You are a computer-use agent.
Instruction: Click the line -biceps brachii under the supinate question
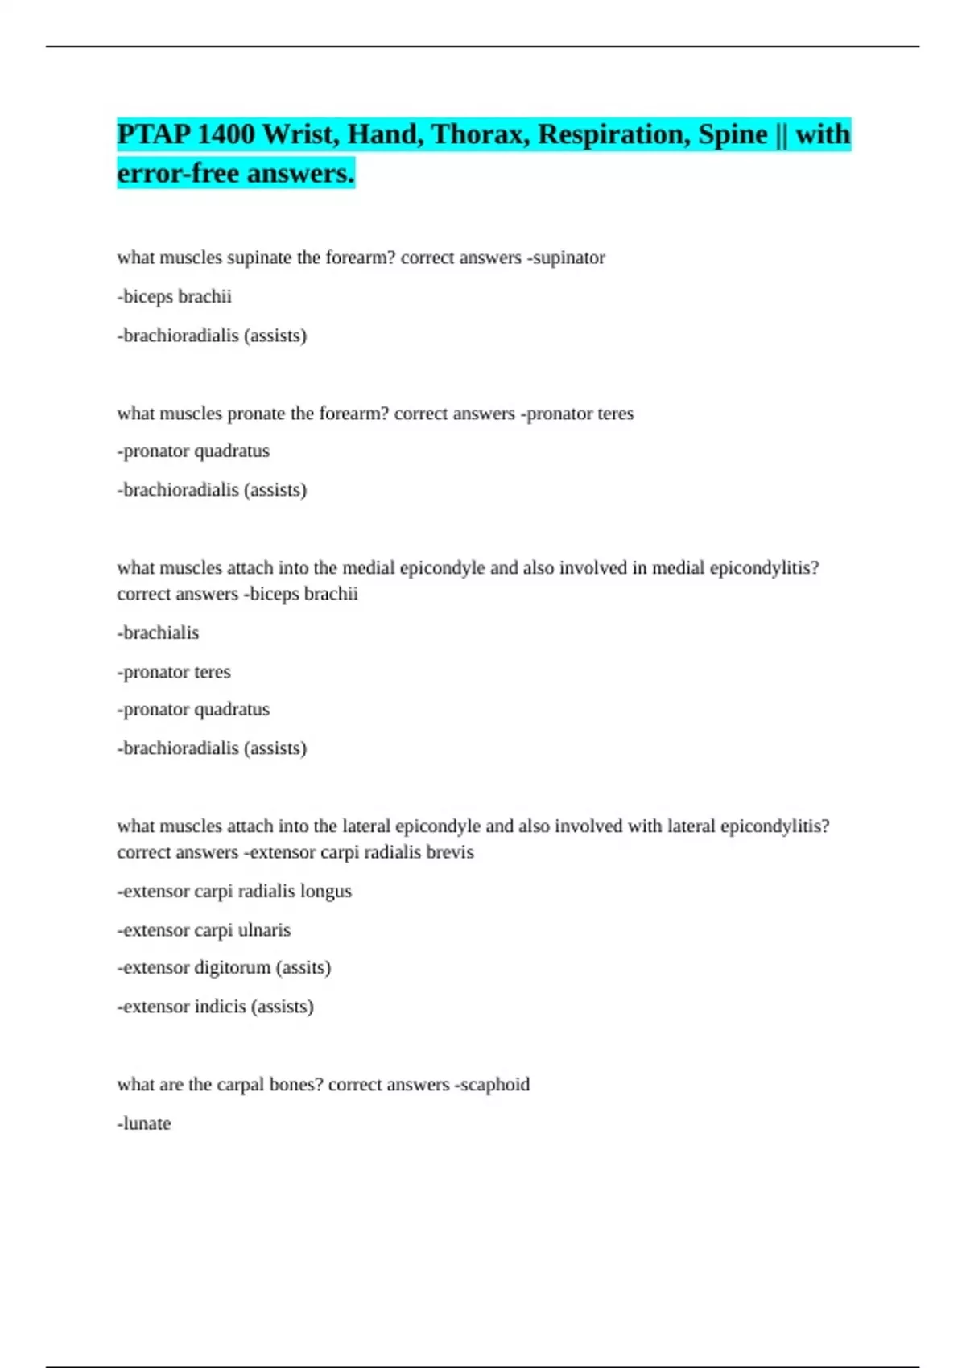click(x=175, y=297)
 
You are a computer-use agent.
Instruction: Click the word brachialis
click(x=160, y=633)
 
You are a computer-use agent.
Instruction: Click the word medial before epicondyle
click(x=369, y=568)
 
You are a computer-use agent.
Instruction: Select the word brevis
click(x=450, y=852)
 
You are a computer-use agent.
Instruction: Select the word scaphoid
click(x=495, y=1085)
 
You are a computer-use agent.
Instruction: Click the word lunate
click(x=146, y=1123)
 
